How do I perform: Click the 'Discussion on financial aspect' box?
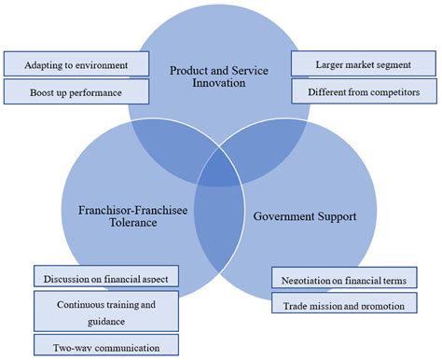click(x=105, y=278)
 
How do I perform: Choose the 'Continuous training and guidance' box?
click(x=105, y=311)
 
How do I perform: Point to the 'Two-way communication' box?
click(x=105, y=346)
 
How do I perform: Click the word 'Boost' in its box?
click(x=44, y=92)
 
